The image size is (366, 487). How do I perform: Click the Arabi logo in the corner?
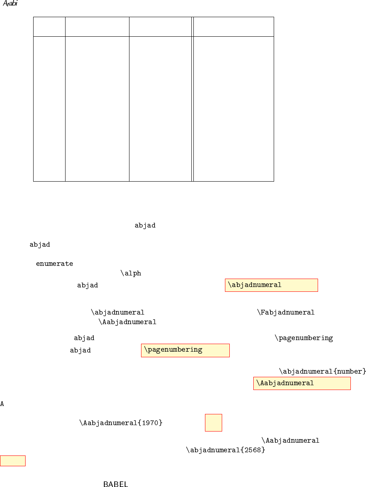10,4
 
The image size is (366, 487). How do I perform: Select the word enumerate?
54,264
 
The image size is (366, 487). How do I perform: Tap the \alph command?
131,273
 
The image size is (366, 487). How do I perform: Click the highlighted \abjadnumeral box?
271,285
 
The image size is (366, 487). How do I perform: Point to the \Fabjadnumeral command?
286,312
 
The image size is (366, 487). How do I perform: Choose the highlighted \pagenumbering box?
185,350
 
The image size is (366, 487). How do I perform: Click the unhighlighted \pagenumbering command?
304,338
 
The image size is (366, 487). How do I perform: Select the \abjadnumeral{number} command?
322,372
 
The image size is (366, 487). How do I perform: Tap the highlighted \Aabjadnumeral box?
302,383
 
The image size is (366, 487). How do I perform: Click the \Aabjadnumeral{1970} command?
121,423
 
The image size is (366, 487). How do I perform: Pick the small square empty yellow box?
213,423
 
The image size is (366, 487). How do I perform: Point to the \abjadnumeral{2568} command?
226,450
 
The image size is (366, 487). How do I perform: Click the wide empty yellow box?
13,461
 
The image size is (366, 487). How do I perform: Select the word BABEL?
115,485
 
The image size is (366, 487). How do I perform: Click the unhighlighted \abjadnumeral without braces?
117,312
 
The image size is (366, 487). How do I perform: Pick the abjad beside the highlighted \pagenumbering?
80,350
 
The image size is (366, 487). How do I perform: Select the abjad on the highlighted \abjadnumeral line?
88,285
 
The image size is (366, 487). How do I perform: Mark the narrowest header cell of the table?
49,27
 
